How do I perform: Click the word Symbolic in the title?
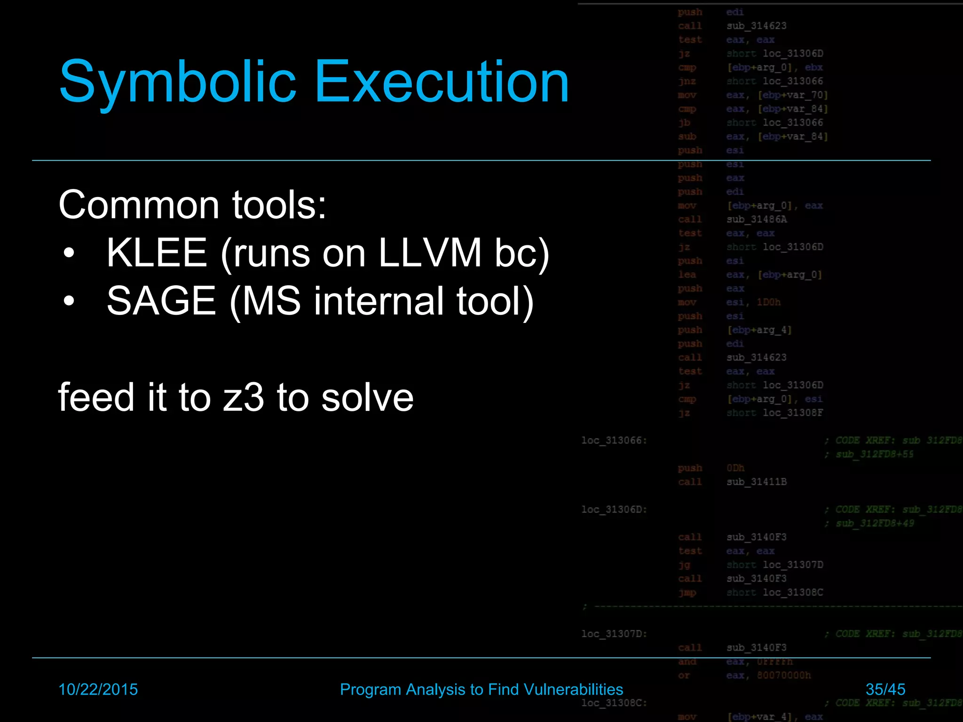coord(178,82)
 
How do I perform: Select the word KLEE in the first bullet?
coord(157,253)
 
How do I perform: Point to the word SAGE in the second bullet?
coord(161,301)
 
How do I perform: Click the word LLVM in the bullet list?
coord(430,253)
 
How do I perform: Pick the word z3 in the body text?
coord(244,398)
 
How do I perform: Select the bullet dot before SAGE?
coord(69,302)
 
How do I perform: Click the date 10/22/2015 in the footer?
coord(98,690)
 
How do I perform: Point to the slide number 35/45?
coord(885,690)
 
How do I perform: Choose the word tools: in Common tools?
coord(279,205)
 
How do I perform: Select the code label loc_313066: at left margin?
coord(614,440)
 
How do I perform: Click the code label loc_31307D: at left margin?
coord(614,634)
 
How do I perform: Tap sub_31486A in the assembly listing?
coord(756,220)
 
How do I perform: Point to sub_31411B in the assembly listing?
coord(756,482)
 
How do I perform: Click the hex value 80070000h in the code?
coord(784,675)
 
